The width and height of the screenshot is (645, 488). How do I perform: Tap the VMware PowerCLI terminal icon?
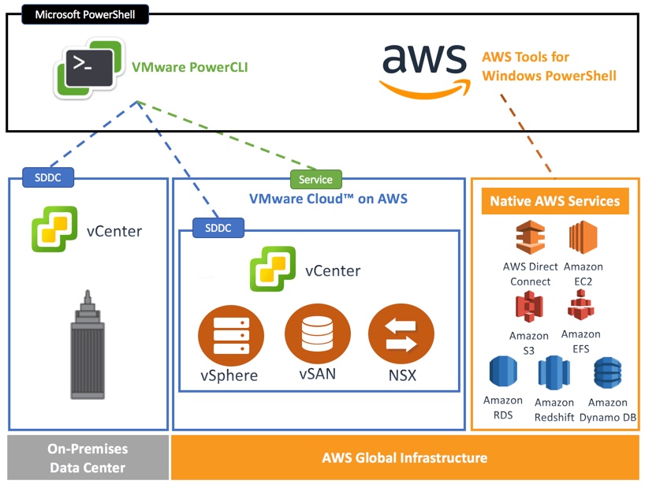coord(88,67)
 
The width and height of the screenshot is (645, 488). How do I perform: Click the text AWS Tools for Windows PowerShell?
coord(548,66)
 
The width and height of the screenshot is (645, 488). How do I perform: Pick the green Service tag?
coord(316,179)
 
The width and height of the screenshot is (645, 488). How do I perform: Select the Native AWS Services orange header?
coord(554,201)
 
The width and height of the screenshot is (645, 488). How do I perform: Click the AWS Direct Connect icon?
coord(531,238)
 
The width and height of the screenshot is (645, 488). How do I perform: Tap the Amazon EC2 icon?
coord(583,238)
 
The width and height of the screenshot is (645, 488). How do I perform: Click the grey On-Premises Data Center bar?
coord(88,458)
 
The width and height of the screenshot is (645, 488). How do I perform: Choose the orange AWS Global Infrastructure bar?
coord(405,458)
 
